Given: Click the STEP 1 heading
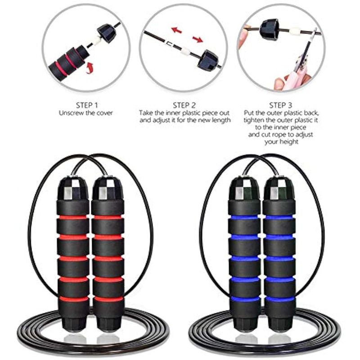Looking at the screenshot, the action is [87, 105].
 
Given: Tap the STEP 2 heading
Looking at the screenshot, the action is [184, 105].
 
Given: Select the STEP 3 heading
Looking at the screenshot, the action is [280, 105].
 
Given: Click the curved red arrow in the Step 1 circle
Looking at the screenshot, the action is [90, 68].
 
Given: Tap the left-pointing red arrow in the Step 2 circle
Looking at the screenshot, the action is [176, 30].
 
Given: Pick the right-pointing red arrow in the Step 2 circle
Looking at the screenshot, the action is [198, 39].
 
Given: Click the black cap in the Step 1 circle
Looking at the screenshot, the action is [106, 33].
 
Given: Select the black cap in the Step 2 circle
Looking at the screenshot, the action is [208, 60].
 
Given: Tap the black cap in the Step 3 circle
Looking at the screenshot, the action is [269, 30].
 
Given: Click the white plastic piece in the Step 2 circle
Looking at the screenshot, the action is [185, 51].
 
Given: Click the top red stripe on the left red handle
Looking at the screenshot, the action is [73, 217].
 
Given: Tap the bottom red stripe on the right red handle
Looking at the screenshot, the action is [108, 299].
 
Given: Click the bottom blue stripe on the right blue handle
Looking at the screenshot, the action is [279, 299].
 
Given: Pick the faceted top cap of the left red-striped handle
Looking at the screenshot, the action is [73, 188].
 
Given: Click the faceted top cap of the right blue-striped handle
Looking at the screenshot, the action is [279, 188].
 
